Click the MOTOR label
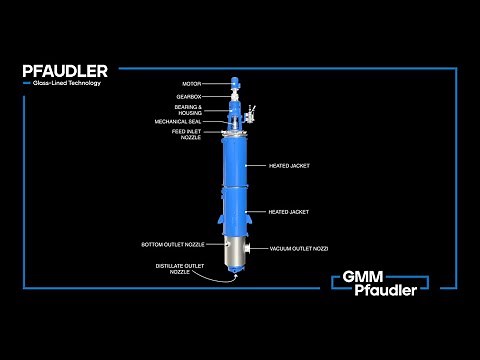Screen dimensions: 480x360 point(191,84)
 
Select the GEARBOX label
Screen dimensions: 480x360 point(189,96)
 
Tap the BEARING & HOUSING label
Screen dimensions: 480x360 point(188,109)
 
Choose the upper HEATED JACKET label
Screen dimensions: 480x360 point(288,165)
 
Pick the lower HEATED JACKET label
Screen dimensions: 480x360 point(288,212)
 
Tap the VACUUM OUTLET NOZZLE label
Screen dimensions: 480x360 point(299,247)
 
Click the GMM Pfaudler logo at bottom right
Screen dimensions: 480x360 point(386,282)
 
